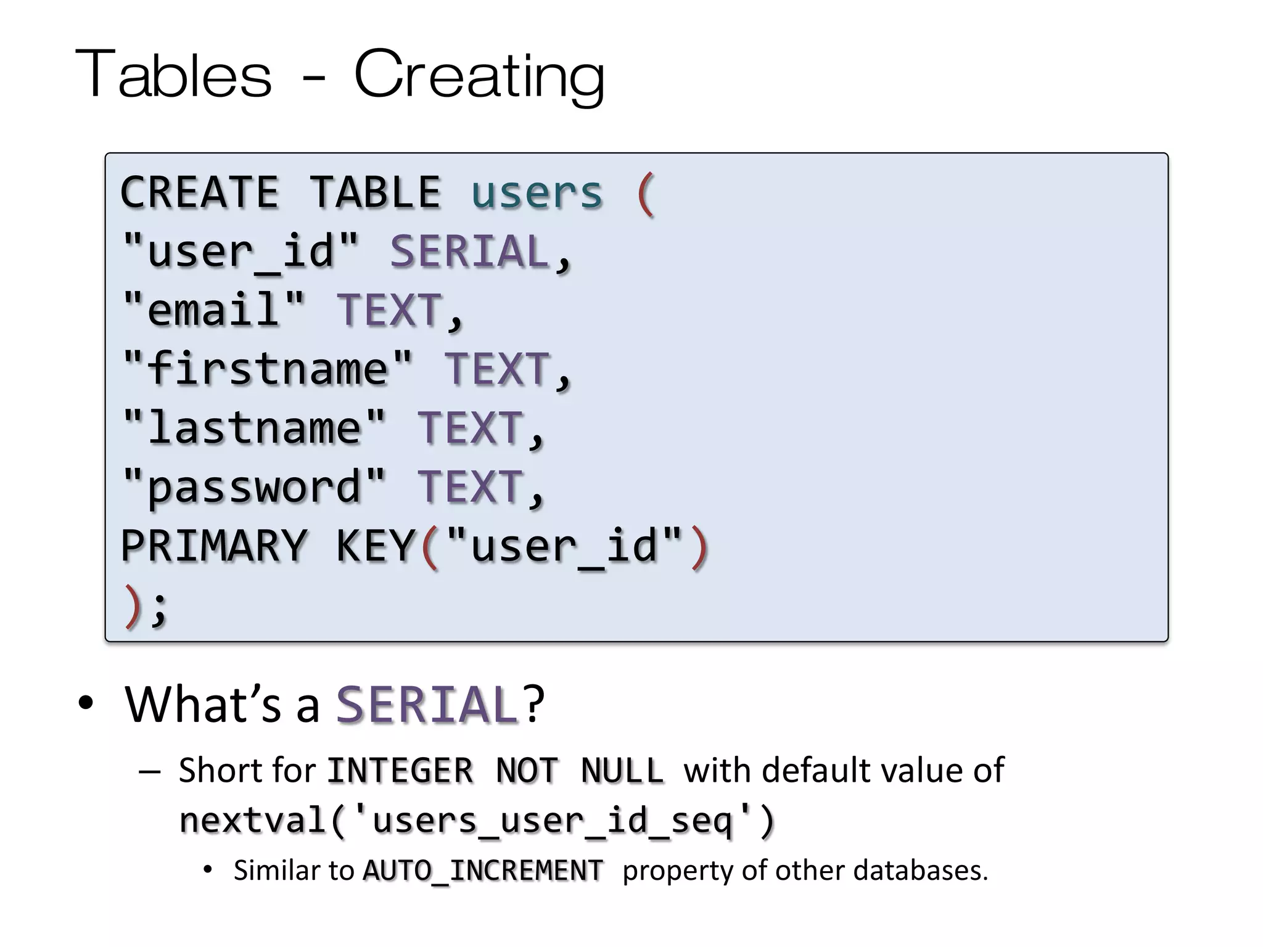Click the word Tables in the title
coord(173,75)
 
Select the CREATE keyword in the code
coord(199,192)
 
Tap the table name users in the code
coord(537,192)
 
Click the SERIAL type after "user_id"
coord(469,252)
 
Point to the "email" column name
coord(213,310)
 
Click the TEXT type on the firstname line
coord(497,369)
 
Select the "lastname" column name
coord(254,428)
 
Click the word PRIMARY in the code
coord(213,546)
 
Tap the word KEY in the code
coord(376,546)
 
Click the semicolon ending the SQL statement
coord(159,607)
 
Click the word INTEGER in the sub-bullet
coord(400,771)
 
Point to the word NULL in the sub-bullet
coord(622,771)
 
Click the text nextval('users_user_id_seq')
coord(476,821)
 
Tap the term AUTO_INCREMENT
coord(482,871)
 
